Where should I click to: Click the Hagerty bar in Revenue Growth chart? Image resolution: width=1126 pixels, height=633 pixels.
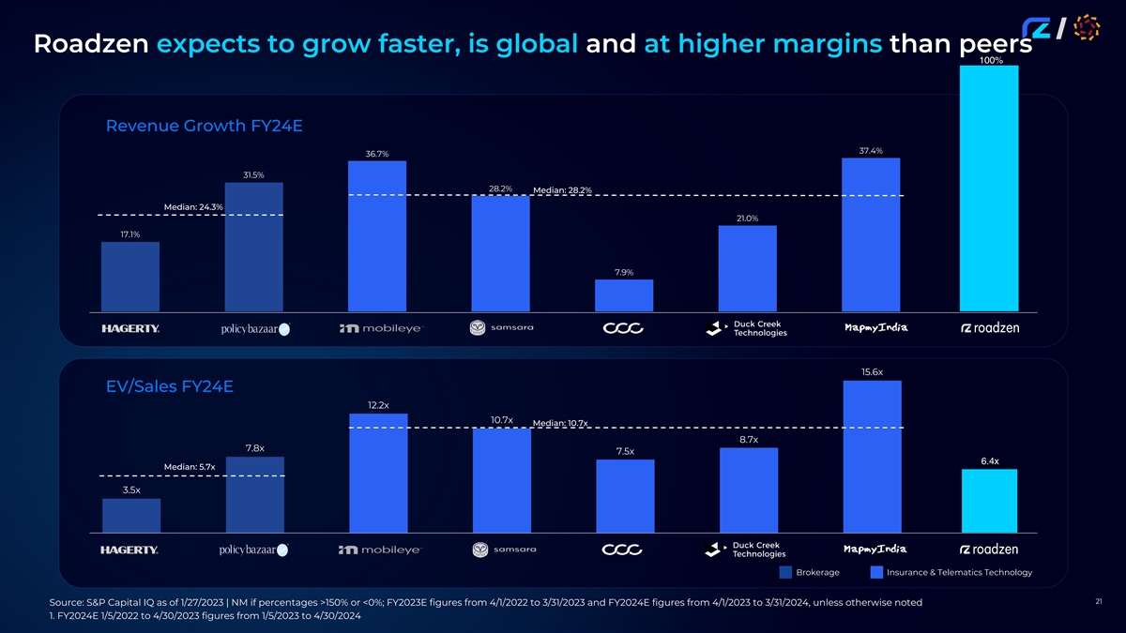(130, 277)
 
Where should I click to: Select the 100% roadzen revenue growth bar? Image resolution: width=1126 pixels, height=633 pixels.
(989, 188)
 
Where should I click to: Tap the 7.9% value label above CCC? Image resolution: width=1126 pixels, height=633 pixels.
(623, 272)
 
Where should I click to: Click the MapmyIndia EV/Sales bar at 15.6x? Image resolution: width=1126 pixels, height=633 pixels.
(872, 456)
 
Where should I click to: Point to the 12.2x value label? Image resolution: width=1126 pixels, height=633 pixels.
(377, 405)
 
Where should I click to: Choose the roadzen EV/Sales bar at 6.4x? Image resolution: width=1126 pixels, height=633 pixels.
(989, 501)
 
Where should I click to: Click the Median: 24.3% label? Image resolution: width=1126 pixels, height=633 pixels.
(192, 206)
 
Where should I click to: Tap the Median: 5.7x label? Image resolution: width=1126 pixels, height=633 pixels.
(189, 466)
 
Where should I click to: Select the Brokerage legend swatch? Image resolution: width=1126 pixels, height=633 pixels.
(784, 572)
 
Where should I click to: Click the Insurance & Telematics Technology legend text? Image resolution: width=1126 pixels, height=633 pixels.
(958, 572)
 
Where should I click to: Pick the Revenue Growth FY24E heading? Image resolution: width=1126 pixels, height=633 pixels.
(204, 126)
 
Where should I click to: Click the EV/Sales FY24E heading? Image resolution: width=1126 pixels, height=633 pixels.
(169, 386)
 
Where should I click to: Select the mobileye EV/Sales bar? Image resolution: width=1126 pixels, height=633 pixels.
(377, 473)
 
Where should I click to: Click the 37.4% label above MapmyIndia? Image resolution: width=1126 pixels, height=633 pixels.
(870, 150)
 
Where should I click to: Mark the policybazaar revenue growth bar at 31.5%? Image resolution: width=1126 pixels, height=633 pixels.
(253, 247)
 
